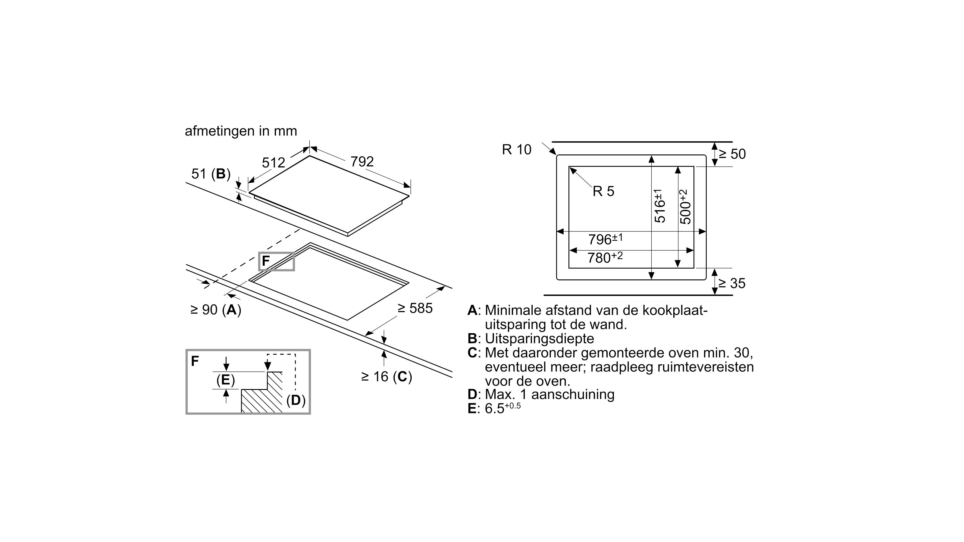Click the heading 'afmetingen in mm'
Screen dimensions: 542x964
(241, 131)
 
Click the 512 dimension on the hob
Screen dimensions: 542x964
(273, 163)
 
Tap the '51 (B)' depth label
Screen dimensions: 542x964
(211, 174)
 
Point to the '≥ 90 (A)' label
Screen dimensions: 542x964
(216, 310)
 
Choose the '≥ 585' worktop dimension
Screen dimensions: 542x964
(415, 308)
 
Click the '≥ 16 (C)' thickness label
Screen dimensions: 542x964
(386, 377)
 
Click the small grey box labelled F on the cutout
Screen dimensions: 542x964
(277, 261)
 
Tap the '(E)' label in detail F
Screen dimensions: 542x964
(226, 380)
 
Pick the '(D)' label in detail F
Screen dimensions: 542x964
(296, 400)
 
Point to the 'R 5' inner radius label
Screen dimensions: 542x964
(603, 192)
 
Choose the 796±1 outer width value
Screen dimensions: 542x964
(605, 239)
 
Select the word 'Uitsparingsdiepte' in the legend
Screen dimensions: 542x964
(539, 338)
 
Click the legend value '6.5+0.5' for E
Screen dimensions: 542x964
(502, 409)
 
